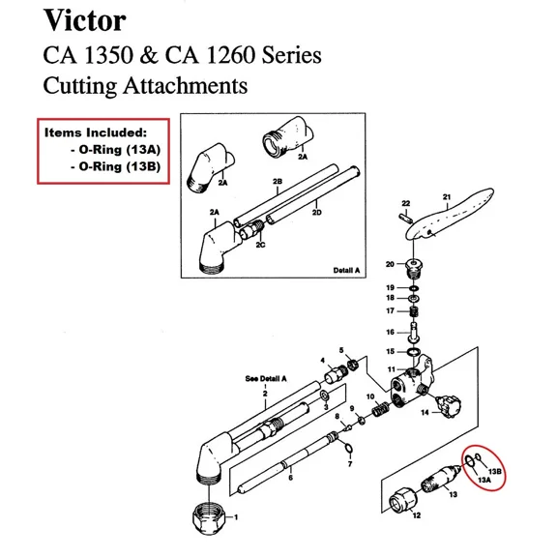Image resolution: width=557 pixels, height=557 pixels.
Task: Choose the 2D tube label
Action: (x=318, y=205)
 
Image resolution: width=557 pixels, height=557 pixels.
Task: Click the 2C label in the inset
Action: (x=260, y=246)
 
